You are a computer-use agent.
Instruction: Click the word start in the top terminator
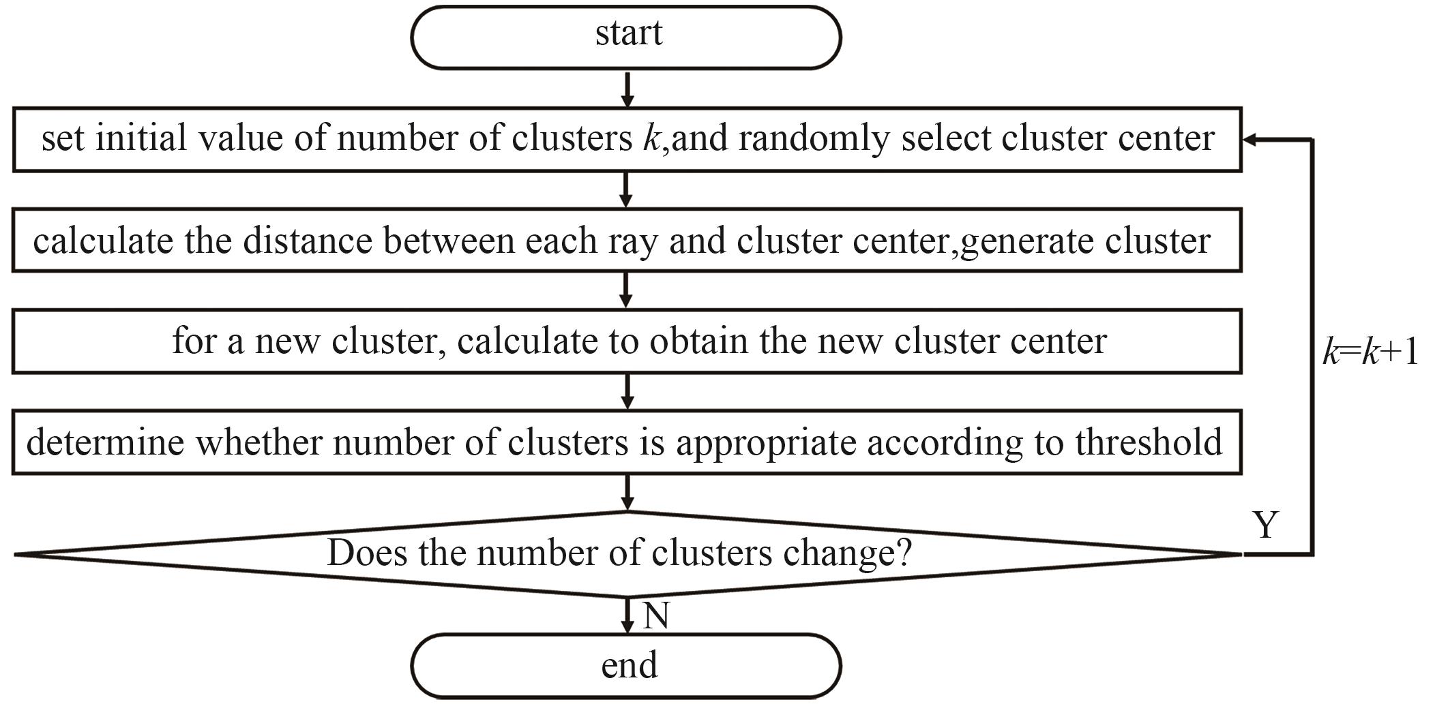pos(629,33)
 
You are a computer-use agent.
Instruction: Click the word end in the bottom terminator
pos(629,664)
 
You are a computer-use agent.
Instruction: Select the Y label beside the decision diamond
pos(1266,525)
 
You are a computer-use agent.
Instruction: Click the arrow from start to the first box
pos(627,89)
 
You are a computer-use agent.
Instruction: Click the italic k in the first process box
pos(650,138)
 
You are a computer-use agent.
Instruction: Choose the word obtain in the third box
pos(698,340)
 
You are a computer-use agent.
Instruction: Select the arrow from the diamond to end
pos(627,615)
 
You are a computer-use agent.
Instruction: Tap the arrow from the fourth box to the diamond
pos(627,493)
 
